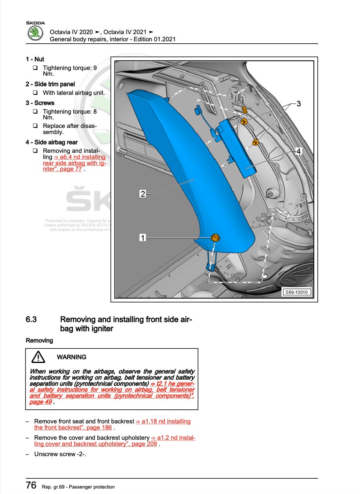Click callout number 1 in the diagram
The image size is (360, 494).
click(143, 237)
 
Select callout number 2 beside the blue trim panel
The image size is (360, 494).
click(143, 194)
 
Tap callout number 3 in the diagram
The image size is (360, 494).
click(299, 104)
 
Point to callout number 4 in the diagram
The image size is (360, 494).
click(298, 151)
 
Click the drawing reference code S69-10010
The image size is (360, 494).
click(296, 292)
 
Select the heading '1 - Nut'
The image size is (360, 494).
click(35, 59)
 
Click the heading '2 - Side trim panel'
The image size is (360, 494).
click(50, 84)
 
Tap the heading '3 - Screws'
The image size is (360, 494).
click(40, 103)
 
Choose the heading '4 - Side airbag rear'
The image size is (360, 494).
click(51, 142)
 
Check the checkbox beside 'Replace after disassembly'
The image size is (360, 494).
click(35, 126)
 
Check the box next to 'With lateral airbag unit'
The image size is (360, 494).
click(35, 93)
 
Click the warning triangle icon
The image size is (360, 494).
click(38, 357)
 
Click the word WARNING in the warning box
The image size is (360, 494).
click(71, 357)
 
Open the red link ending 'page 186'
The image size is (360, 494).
click(112, 424)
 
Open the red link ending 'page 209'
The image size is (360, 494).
click(115, 441)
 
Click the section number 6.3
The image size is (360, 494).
click(31, 320)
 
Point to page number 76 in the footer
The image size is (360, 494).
click(31, 485)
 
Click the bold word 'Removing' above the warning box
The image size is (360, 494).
click(40, 340)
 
